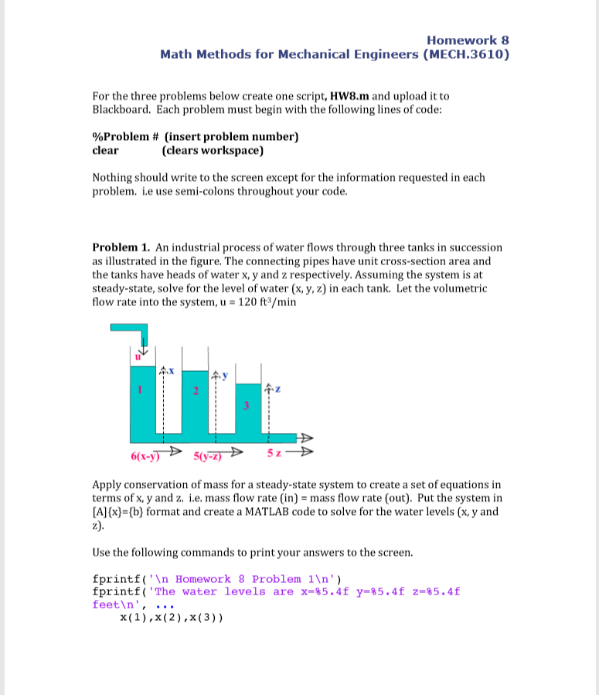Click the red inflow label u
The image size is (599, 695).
click(x=139, y=357)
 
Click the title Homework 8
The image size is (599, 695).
click(x=468, y=40)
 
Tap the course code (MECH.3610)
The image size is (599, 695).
click(x=466, y=54)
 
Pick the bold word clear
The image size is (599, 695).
click(x=105, y=150)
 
